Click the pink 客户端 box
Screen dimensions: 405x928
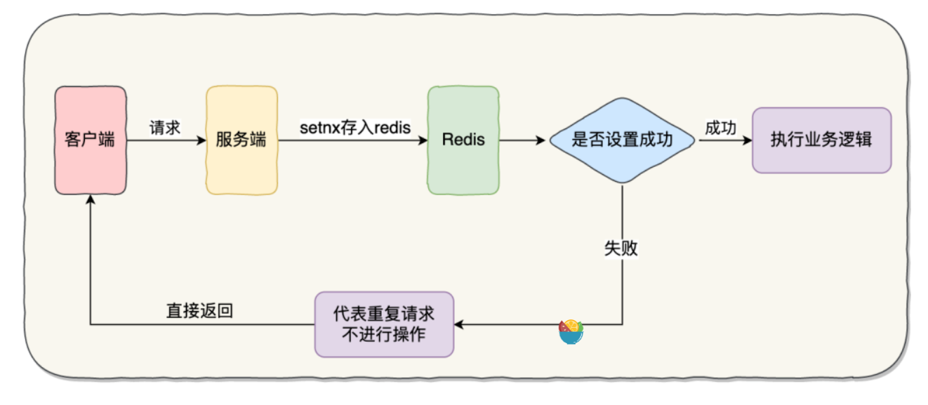click(91, 140)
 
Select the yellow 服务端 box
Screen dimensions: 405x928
click(241, 140)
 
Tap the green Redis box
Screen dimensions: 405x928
click(463, 140)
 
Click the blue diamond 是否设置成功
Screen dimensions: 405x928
click(622, 140)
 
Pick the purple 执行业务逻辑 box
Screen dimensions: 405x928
click(821, 140)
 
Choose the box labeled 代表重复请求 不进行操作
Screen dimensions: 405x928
click(383, 324)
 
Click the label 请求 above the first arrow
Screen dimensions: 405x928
click(165, 128)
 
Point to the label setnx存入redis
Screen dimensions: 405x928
click(355, 128)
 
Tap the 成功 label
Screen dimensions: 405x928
click(720, 128)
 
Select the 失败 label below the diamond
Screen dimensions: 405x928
click(621, 248)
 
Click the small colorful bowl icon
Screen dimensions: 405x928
click(571, 333)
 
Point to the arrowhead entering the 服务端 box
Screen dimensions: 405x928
click(201, 140)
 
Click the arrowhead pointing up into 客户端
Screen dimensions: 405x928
click(90, 199)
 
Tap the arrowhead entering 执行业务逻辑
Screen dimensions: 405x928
click(746, 140)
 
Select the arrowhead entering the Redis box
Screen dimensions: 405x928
click(423, 140)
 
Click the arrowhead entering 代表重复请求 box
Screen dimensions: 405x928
click(459, 324)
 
